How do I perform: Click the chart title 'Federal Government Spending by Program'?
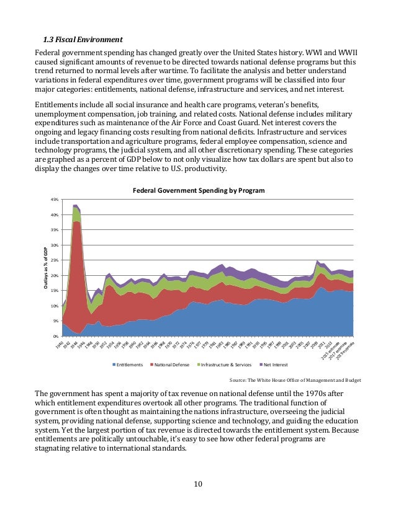198,190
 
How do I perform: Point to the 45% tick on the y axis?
55,200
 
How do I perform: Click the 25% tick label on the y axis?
55,260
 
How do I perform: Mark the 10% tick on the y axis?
55,306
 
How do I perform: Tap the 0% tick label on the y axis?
55,336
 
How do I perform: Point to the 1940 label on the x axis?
61,344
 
